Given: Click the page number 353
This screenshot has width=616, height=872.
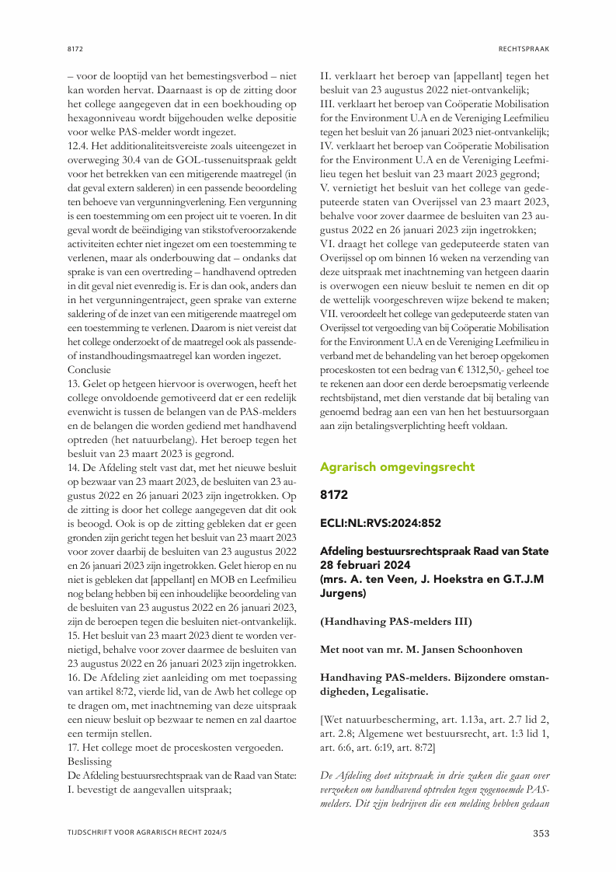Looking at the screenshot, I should click(x=540, y=834).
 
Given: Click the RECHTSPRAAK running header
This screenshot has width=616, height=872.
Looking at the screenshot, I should click(x=524, y=49).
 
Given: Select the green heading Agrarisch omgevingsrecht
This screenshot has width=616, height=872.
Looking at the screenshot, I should click(x=397, y=467).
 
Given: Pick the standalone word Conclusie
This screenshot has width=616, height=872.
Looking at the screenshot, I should click(x=89, y=370).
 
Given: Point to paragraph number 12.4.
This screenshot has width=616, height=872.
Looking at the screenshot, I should click(x=79, y=145).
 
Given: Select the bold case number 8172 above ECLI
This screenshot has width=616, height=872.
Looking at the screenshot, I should click(x=334, y=495).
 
